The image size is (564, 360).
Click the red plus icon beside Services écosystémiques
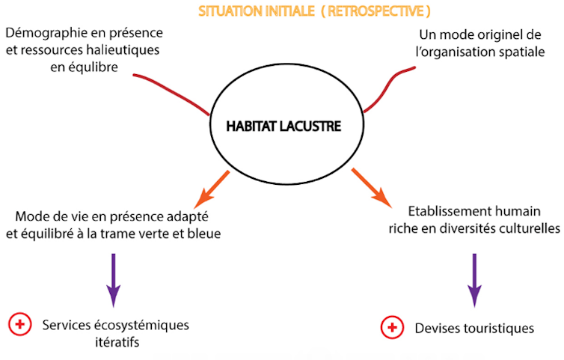click(19, 324)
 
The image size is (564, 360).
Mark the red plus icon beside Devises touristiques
click(392, 327)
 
